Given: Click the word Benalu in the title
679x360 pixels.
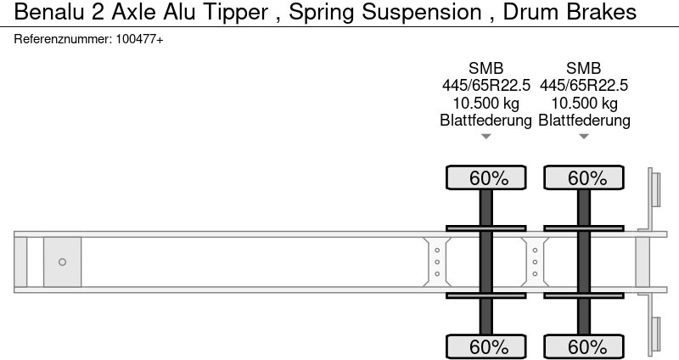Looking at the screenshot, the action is point(50,12).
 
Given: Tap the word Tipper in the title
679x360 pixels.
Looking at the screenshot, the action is point(236,13).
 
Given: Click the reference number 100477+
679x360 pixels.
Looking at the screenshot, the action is point(140,39).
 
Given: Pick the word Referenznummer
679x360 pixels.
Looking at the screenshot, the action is point(63,39).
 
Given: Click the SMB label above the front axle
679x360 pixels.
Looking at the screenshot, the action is point(485,68).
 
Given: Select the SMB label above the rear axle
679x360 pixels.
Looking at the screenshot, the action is point(584,68).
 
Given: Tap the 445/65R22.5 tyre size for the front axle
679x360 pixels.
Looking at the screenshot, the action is point(485,86).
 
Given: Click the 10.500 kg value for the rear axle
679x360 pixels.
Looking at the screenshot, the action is point(584,103).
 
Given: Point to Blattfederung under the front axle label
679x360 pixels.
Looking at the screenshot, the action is point(485,121).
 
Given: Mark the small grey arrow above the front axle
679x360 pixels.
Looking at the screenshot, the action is point(485,137).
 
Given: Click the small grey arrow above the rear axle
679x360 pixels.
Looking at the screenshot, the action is point(584,137).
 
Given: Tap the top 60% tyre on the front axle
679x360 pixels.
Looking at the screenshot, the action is point(485,177).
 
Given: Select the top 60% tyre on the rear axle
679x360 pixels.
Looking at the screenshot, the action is point(584,177).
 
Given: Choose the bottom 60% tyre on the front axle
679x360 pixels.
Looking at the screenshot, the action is point(485,346).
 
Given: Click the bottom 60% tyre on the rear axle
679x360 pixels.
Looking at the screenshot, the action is point(584,346).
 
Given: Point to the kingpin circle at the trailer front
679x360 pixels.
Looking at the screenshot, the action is point(62,262).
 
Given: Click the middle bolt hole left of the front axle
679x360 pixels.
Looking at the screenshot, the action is point(437,262).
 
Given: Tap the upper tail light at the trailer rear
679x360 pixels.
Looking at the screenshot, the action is point(655,189).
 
